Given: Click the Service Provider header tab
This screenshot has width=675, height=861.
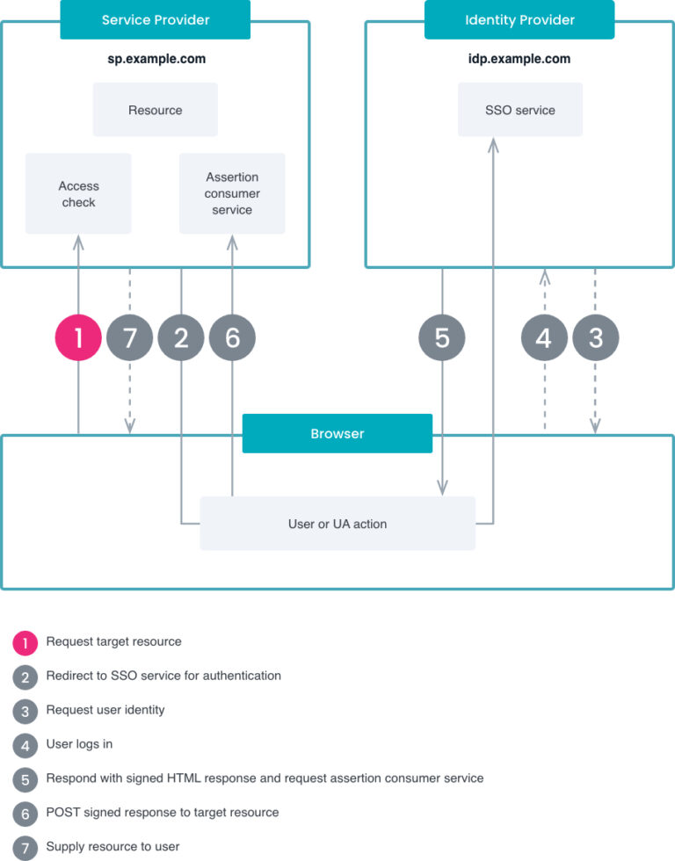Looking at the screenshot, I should (155, 19).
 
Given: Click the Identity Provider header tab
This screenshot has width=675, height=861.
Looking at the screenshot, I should (519, 19).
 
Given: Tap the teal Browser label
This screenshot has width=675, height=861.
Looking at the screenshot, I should (337, 433).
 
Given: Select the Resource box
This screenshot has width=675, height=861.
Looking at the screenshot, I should (155, 110).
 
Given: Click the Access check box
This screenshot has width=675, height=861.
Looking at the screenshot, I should (78, 194).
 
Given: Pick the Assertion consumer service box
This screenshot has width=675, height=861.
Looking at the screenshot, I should (232, 194).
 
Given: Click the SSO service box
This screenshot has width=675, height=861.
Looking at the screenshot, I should (519, 110).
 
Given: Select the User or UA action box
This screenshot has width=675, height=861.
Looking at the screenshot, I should (337, 524).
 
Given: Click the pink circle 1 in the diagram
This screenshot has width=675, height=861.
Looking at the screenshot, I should (78, 337).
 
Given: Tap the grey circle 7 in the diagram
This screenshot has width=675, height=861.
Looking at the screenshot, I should (130, 337).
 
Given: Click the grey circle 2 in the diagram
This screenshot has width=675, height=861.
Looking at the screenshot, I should (181, 337).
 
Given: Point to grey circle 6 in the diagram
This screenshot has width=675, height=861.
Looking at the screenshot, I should (232, 337).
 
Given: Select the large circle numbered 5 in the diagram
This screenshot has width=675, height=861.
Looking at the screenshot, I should (441, 337).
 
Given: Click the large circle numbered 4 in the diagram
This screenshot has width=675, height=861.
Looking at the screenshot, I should (544, 337).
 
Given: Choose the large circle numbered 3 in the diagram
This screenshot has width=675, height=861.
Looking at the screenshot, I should (595, 337).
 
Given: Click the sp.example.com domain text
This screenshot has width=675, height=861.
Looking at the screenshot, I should (156, 60).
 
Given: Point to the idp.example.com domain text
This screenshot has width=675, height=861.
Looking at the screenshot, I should (519, 60).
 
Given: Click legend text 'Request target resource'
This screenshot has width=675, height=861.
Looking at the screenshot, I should (113, 642).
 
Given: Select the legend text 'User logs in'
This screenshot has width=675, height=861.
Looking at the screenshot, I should (79, 744).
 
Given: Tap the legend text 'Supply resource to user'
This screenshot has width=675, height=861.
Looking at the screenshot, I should (112, 847).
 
